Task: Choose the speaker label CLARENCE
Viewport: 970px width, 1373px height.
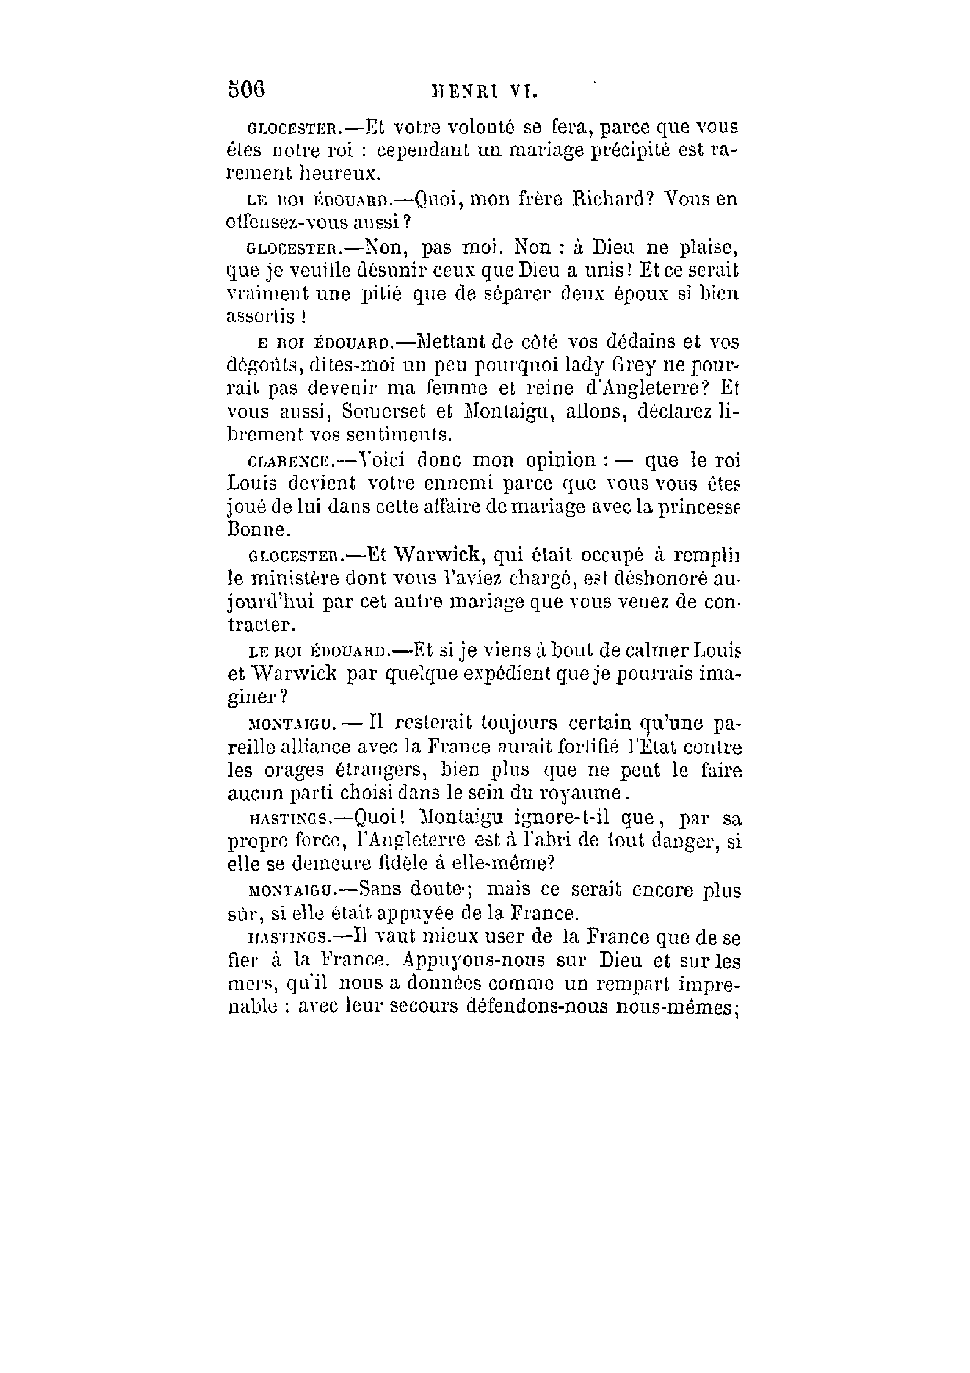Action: tap(290, 461)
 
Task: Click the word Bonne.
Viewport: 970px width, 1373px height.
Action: tap(259, 530)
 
